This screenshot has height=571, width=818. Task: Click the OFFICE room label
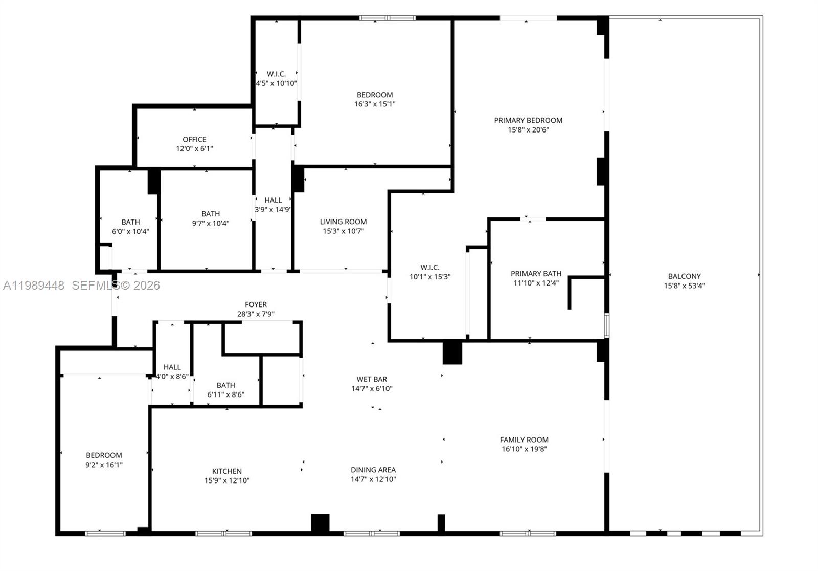[x=194, y=139]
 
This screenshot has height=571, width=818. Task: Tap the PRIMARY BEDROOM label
[x=528, y=120]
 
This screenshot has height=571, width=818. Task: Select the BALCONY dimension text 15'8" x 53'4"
[x=684, y=286]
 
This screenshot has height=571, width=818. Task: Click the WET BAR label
[x=372, y=379]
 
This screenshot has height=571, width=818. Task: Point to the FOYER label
[x=256, y=304]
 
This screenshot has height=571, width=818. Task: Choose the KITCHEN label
[x=227, y=471]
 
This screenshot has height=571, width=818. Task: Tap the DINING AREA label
[x=373, y=470]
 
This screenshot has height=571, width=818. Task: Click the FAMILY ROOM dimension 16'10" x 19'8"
[x=524, y=449]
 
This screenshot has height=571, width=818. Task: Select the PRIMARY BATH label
[x=536, y=273]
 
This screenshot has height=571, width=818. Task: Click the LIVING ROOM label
[x=343, y=222]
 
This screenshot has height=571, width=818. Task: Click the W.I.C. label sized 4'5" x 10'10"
[x=276, y=74]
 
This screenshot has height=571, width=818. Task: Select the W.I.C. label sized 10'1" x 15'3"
[x=430, y=267]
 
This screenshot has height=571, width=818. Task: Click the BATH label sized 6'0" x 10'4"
[x=130, y=222]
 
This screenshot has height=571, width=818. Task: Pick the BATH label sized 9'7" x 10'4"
[x=211, y=214]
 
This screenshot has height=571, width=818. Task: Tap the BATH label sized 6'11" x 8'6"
[x=225, y=385]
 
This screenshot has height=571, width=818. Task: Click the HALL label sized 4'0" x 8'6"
[x=172, y=367]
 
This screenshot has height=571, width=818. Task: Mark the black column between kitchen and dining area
[x=320, y=523]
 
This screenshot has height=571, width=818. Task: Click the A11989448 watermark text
[x=34, y=285]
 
